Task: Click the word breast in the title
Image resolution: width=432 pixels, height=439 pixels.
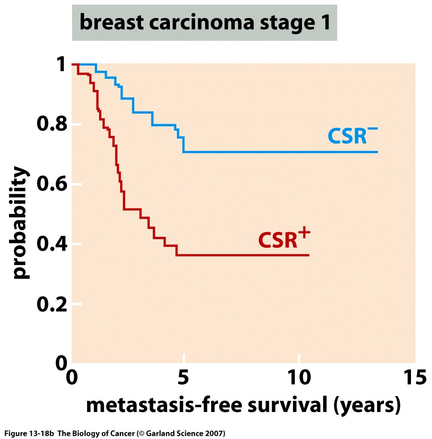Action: click(109, 23)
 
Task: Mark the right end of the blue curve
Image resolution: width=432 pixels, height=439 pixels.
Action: click(378, 152)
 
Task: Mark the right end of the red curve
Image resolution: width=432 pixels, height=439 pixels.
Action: click(308, 255)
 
